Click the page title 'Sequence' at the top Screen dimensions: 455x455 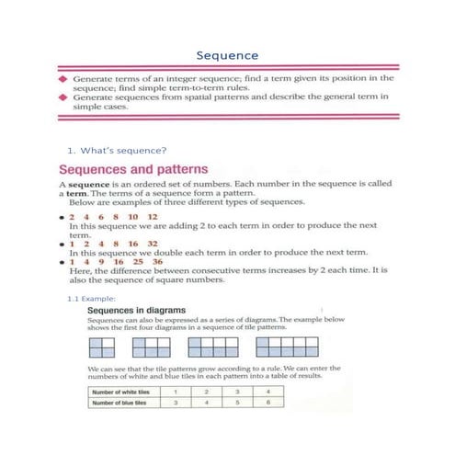pyautogui.click(x=227, y=55)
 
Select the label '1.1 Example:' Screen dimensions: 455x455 pyautogui.click(x=89, y=299)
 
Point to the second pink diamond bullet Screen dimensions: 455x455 pyautogui.click(x=63, y=97)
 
